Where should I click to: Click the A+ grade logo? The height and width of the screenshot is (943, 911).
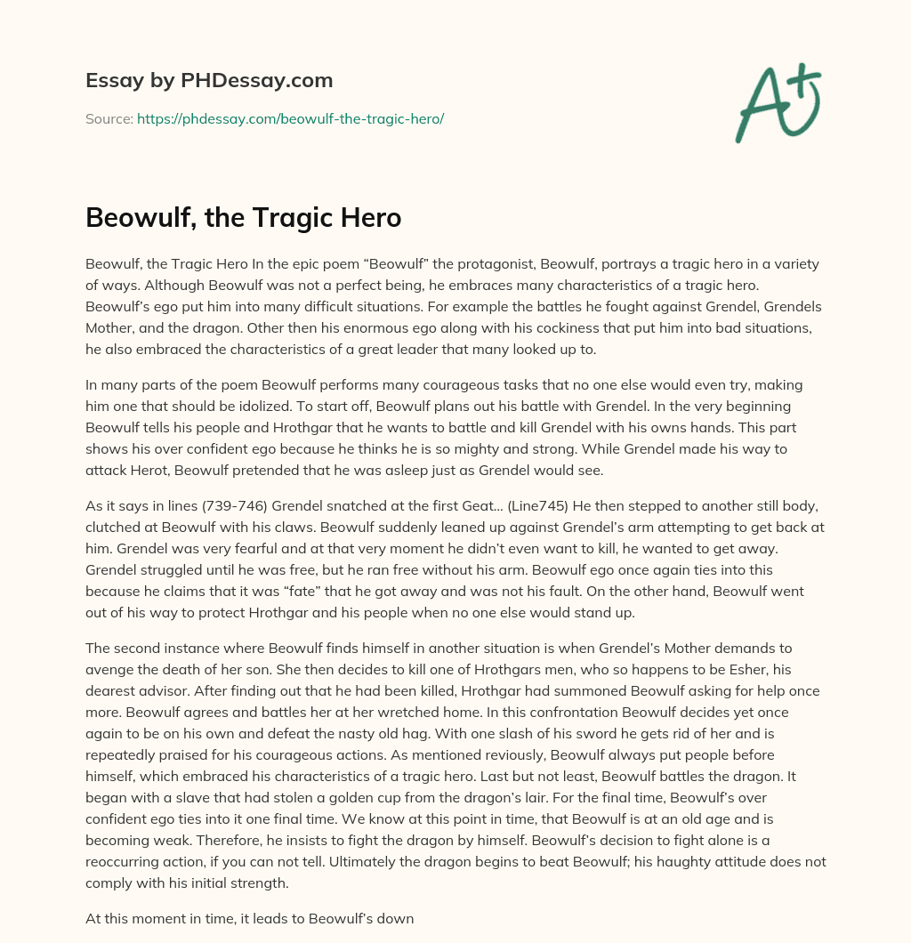click(777, 101)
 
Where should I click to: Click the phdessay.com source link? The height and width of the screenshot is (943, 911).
click(290, 118)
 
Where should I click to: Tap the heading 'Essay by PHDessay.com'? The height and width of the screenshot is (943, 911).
click(209, 80)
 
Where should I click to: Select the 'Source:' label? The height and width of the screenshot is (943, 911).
click(109, 118)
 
